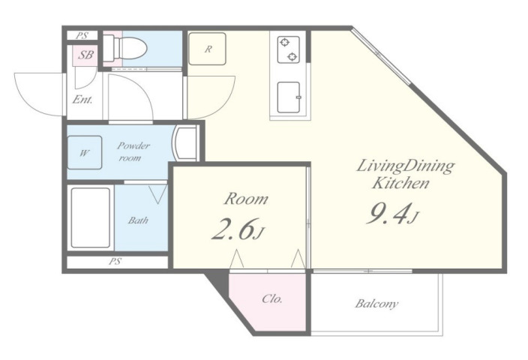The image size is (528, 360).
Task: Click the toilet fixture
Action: coord(125,48)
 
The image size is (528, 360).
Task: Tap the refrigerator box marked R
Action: coord(207,49)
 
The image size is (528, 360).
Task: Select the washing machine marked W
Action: coord(85,152)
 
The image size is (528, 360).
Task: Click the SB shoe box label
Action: coord(85,55)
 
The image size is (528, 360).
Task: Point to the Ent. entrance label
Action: coord(82,99)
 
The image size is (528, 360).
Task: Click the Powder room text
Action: coord(133,151)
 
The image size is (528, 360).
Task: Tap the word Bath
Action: coord(138,220)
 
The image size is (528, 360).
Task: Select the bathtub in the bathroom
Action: coord(91,217)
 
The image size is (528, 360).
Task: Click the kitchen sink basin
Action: coord(289,97)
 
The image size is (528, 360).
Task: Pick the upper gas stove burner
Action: coord(285,43)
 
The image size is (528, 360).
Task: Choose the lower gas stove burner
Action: coord(292,56)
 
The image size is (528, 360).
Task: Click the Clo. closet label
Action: coord(271,298)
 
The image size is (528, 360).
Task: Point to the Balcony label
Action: coord(376,304)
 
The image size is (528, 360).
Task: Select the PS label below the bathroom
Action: coord(115,261)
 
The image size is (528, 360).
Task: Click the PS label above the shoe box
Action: coord(82,35)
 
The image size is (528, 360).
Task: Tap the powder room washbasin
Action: coord(184,142)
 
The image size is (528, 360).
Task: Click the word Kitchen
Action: coord(400,183)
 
